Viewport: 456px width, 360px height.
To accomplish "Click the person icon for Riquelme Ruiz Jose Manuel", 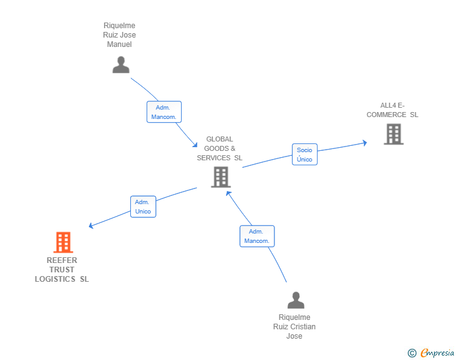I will [x=121, y=64].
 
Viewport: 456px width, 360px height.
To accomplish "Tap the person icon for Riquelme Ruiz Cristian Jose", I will [x=296, y=301].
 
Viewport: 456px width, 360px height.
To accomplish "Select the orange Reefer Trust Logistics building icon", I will [x=63, y=242].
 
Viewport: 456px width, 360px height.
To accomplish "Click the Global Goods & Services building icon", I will [x=220, y=177].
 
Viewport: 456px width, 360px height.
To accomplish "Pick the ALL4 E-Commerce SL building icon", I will [x=393, y=134].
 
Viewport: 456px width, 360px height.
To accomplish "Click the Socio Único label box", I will [x=304, y=155].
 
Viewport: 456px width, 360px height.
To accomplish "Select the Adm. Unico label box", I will [x=143, y=207].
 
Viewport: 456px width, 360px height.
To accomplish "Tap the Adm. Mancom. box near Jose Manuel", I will [x=164, y=112].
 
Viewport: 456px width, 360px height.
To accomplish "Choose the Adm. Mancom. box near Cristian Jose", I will [x=257, y=236].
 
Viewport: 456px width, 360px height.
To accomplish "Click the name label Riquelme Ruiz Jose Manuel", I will [x=120, y=35].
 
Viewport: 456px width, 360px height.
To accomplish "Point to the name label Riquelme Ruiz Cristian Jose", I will [x=294, y=327].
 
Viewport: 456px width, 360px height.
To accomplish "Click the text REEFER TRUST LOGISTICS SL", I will [x=62, y=270].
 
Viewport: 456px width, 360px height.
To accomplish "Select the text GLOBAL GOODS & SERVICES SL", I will [x=219, y=148].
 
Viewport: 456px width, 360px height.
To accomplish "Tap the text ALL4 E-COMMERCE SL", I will [x=393, y=110].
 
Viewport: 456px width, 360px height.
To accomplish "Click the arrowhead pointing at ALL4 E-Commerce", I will [x=365, y=143].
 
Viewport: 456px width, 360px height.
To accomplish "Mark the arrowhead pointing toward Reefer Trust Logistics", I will [x=91, y=226].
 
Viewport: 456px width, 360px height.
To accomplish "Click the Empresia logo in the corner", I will [x=437, y=353].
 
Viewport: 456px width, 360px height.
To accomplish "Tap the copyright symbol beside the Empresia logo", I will [x=412, y=353].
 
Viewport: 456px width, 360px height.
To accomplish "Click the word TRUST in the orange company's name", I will [x=62, y=270].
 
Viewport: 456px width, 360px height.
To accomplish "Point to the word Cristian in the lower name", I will [x=301, y=327].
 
